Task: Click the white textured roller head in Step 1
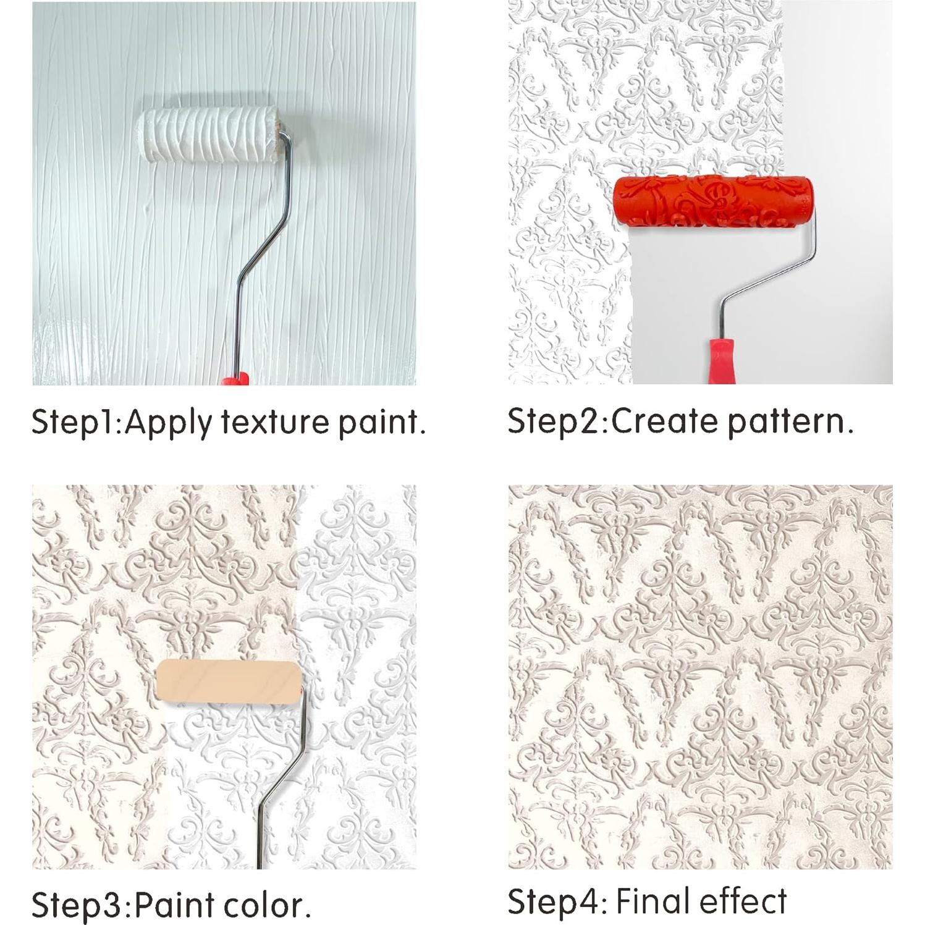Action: pos(209,135)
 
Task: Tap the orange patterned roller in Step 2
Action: pos(712,202)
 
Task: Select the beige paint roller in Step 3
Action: pos(229,680)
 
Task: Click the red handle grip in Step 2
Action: pos(720,361)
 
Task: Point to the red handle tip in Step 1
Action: pos(235,378)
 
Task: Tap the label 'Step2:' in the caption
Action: pos(558,422)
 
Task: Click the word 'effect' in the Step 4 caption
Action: pos(743,901)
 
